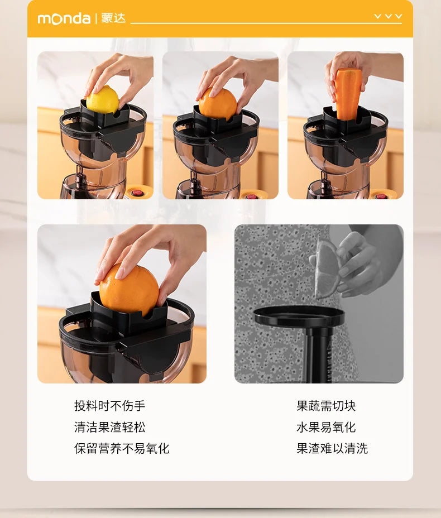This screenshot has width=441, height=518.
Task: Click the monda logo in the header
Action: tap(64, 18)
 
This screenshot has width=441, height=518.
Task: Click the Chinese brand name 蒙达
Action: tap(113, 18)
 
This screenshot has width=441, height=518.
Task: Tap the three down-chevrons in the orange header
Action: tap(388, 17)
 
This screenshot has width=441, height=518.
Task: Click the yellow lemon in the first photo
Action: tap(103, 100)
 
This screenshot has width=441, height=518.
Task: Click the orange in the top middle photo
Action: tap(218, 104)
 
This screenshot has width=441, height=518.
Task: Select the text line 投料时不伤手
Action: tap(109, 406)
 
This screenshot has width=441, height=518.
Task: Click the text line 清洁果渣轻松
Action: tap(109, 427)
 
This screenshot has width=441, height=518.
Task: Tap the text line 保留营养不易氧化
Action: tap(122, 448)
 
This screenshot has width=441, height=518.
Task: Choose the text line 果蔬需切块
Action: tap(326, 406)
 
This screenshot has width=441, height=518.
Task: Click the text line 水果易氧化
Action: tap(326, 427)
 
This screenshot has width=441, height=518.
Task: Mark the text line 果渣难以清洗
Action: tap(332, 448)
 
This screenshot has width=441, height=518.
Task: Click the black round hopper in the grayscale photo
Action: tap(299, 316)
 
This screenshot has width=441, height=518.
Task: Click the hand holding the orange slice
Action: tap(360, 262)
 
